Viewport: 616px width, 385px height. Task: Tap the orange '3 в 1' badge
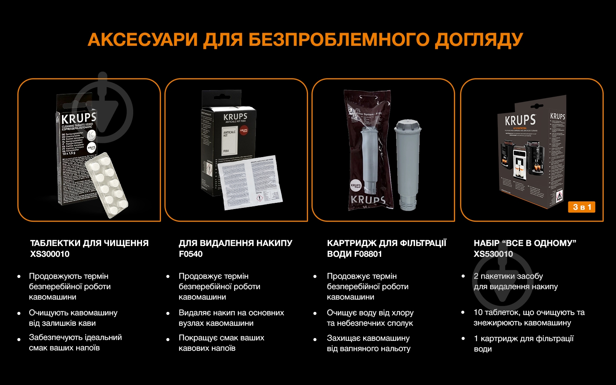coord(582,207)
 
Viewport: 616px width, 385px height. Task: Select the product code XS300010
coord(50,254)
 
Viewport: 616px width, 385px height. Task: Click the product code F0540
coord(191,254)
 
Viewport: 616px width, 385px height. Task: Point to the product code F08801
coord(368,254)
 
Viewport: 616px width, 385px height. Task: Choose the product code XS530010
coord(493,254)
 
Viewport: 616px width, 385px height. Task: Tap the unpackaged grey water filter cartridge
coord(407,164)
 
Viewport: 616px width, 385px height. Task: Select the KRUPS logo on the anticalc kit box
coord(235,116)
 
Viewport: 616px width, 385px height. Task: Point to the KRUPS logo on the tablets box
coord(79,118)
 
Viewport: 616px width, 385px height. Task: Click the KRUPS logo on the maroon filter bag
coord(368,200)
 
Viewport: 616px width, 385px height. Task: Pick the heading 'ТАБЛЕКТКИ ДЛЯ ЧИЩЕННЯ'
coord(89,243)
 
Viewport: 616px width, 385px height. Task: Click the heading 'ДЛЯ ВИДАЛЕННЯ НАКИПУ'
coord(235,243)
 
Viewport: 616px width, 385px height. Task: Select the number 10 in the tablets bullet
coord(478,312)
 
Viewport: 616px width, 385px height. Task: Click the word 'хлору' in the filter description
coord(402,313)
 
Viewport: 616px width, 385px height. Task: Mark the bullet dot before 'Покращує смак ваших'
coord(168,340)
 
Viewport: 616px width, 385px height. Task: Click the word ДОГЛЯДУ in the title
coord(479,40)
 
